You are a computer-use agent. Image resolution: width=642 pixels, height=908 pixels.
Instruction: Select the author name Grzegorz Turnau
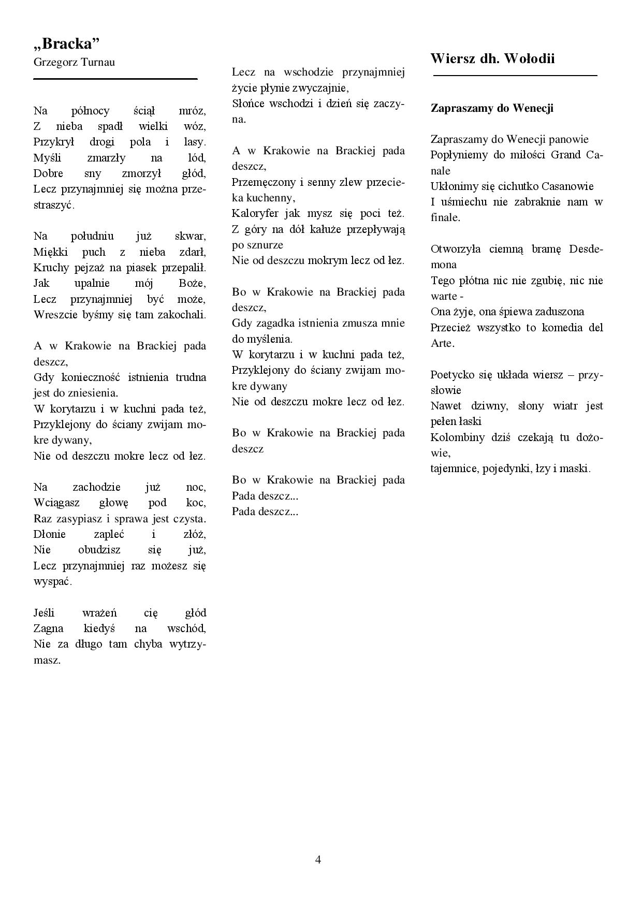click(x=74, y=62)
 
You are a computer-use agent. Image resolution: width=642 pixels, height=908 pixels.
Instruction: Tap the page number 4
click(x=318, y=860)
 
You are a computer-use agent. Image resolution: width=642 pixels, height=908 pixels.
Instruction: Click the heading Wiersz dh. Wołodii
click(x=492, y=58)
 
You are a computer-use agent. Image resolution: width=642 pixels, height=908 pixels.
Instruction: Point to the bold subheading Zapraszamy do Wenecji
click(x=492, y=108)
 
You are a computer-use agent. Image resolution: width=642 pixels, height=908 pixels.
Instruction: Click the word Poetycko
click(x=453, y=375)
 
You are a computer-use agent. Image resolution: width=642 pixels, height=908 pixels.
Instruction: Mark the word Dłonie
click(x=48, y=534)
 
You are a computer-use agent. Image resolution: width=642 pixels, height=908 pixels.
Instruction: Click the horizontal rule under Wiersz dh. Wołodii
click(x=515, y=76)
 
